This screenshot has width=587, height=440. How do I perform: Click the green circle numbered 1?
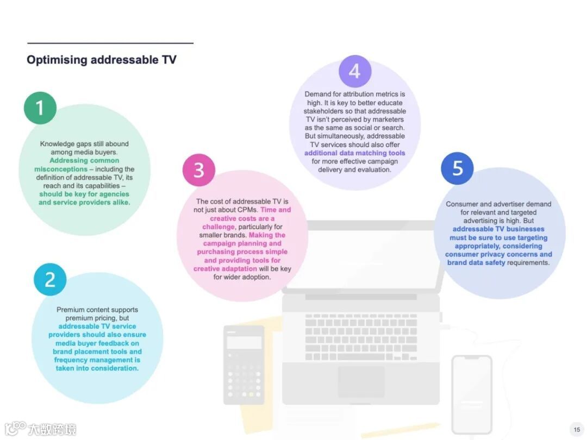click(x=40, y=108)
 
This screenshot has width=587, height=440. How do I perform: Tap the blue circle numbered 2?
click(x=50, y=280)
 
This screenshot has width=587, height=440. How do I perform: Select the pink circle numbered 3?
click(x=199, y=170)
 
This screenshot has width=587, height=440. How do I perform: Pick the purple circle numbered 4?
click(x=355, y=71)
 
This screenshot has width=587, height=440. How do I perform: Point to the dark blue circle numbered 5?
click(x=458, y=168)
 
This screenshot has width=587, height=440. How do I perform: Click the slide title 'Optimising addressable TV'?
click(x=102, y=60)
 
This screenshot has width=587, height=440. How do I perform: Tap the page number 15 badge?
click(x=577, y=430)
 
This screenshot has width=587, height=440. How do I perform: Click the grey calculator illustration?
click(x=244, y=364)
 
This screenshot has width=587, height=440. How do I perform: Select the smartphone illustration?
click(x=472, y=394)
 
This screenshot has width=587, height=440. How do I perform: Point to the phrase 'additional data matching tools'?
click(x=354, y=153)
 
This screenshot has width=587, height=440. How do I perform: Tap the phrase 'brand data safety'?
click(x=476, y=263)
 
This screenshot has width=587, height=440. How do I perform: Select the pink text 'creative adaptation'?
click(x=225, y=269)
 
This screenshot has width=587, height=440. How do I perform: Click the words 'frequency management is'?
click(x=97, y=360)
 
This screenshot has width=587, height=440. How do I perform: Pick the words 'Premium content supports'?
click(x=97, y=310)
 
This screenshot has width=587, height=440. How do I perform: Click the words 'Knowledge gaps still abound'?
click(x=84, y=144)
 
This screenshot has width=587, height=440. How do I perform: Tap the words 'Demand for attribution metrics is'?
click(x=354, y=95)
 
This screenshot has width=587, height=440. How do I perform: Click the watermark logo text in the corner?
click(x=52, y=429)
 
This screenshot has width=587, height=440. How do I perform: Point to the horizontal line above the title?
click(x=110, y=43)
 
